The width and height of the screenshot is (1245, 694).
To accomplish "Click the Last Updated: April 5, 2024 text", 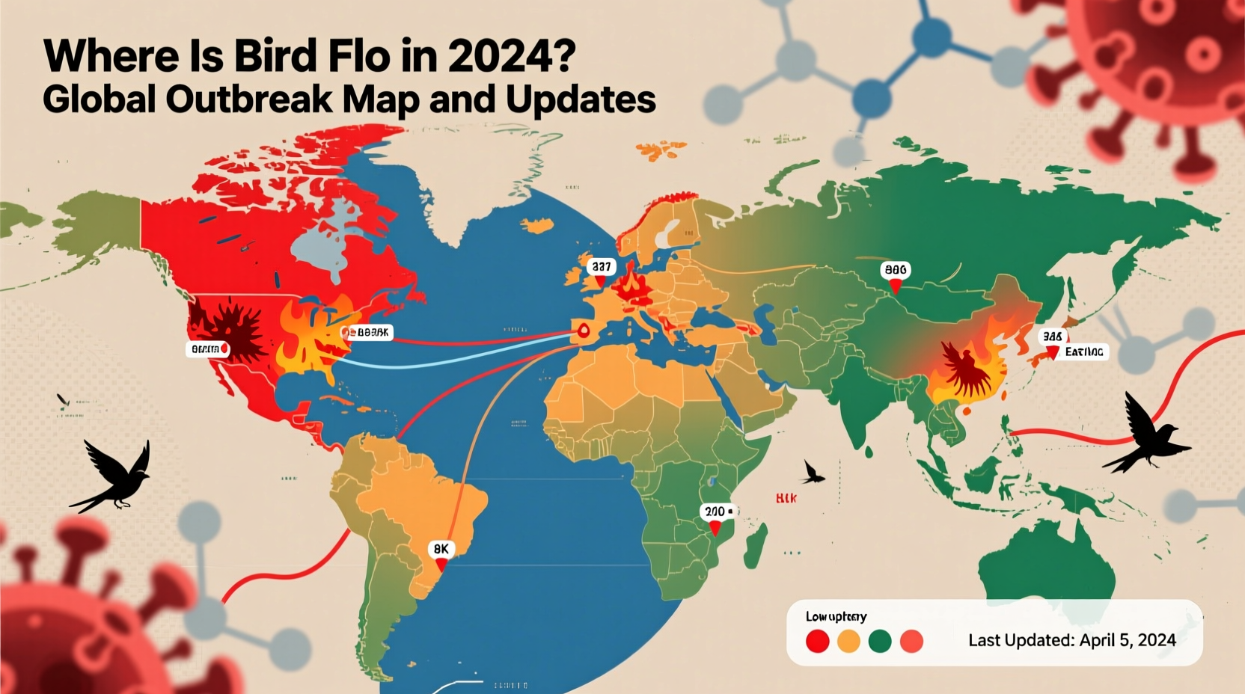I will pos(1071,640).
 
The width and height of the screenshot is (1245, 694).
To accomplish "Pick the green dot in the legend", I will pos(880,641).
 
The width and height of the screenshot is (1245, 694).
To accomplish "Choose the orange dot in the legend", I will pos(848,641).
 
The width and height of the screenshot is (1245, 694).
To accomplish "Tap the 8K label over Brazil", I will pos(441,549).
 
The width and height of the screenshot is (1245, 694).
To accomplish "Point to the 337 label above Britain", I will pos(601,266).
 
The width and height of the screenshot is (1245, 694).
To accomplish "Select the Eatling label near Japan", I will pos(1083,351).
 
